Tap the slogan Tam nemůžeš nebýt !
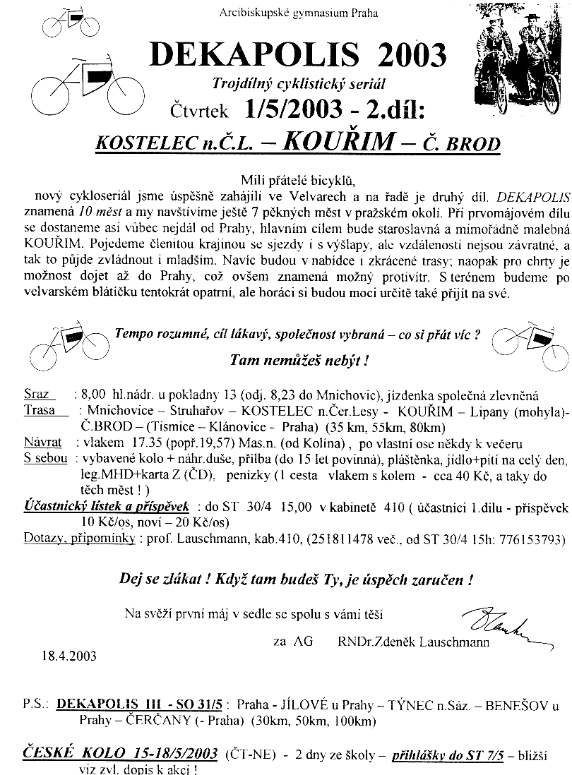coord(299,360)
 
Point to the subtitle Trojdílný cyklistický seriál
coord(299,84)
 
